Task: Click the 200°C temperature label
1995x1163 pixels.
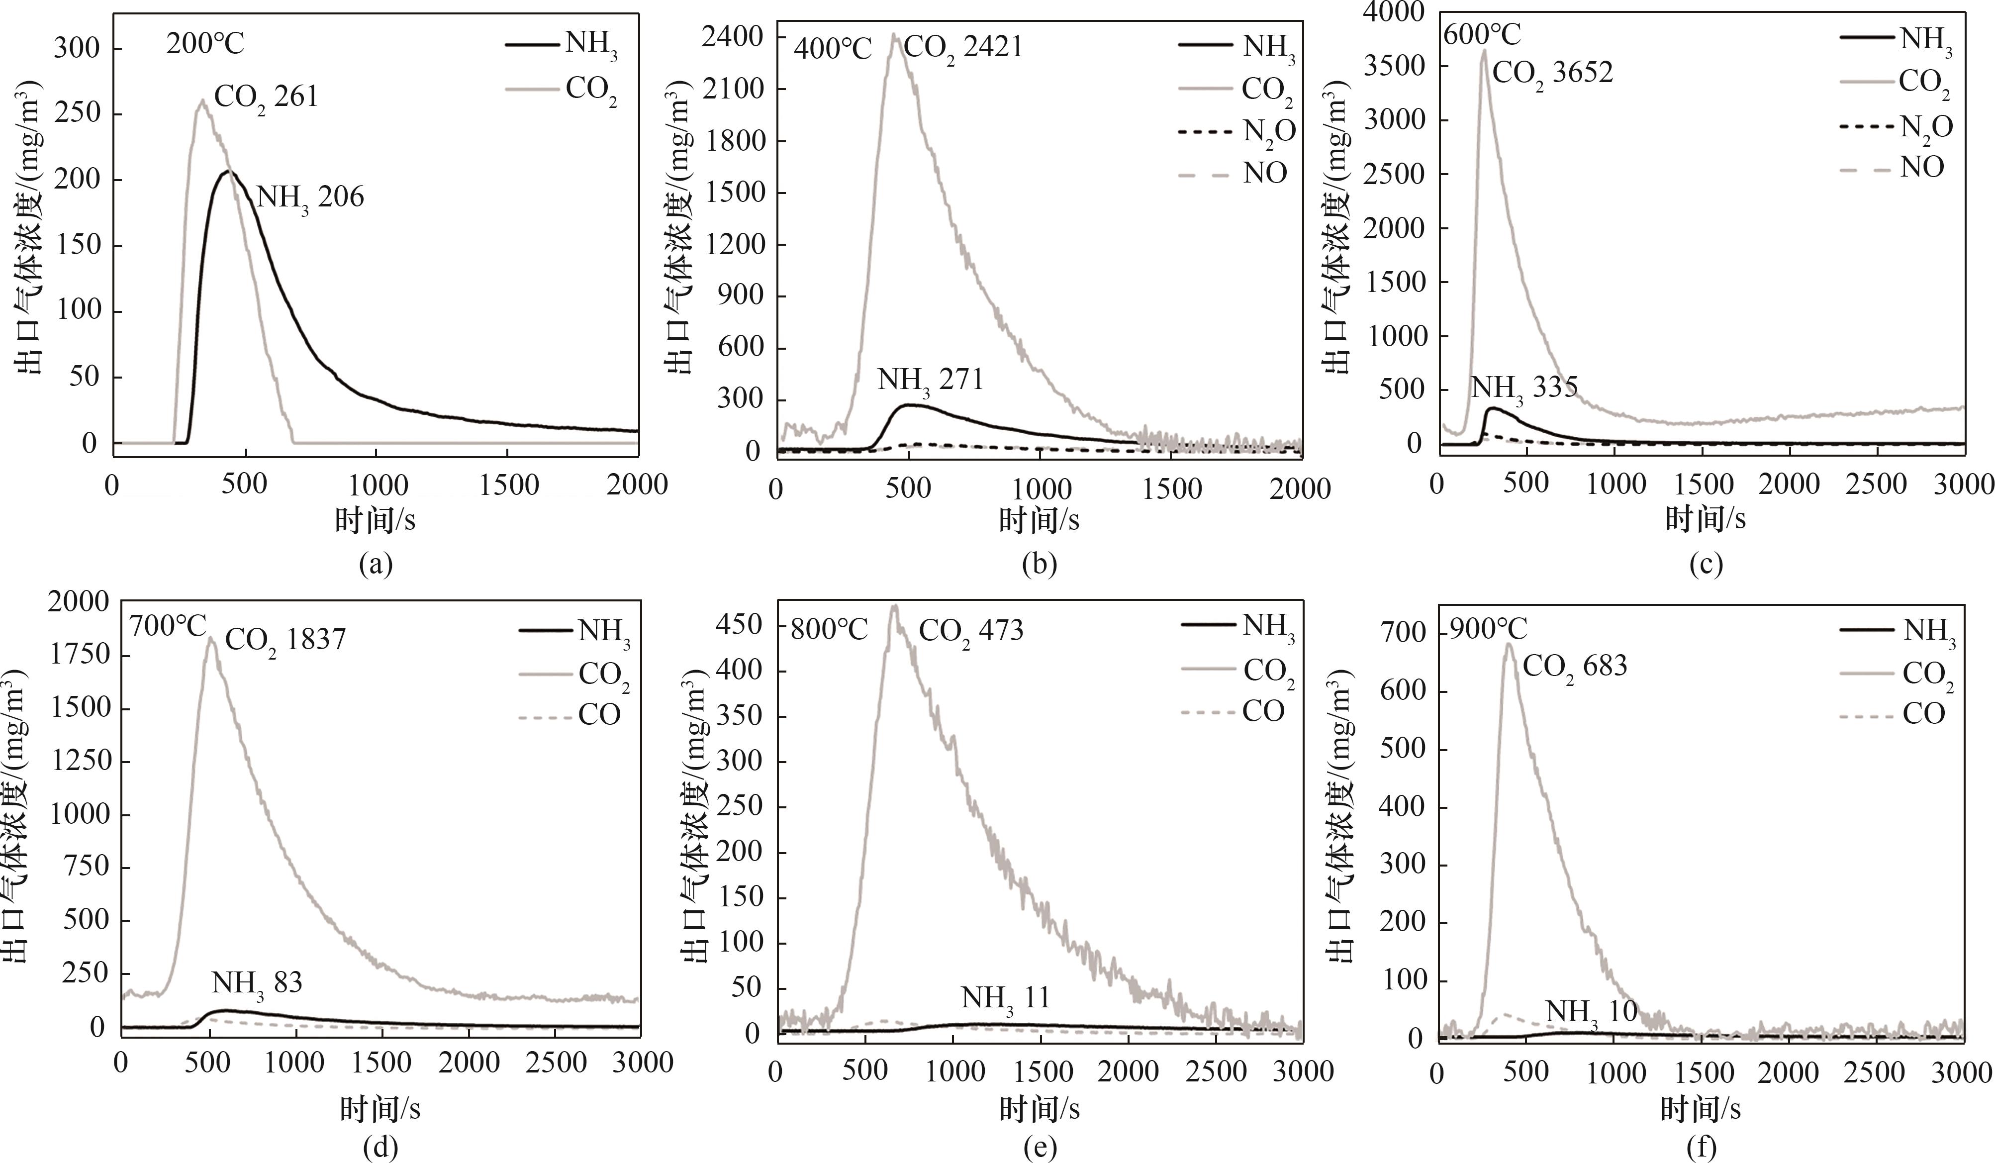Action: coord(205,44)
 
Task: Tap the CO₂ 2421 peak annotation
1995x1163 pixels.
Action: coord(962,47)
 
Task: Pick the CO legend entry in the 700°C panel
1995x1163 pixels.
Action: coord(599,715)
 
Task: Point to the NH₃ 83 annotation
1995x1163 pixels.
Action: coord(257,984)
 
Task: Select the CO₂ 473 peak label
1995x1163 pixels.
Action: coord(970,631)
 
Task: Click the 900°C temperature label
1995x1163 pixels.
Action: coord(1487,629)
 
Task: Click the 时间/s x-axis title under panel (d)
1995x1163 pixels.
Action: coord(380,1110)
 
